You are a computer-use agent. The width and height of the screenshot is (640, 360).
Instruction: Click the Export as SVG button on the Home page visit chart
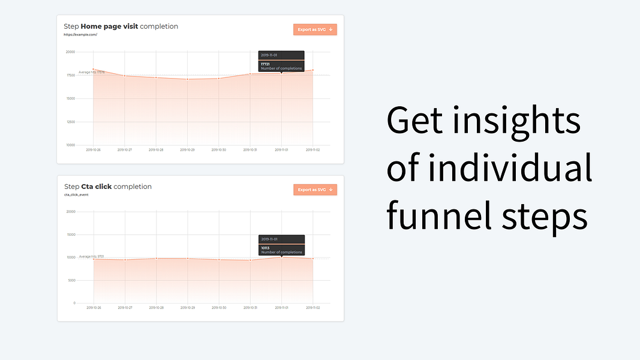point(315,29)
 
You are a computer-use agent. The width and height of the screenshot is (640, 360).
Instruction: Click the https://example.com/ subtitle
point(80,35)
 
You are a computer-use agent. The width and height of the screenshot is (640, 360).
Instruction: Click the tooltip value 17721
point(265,64)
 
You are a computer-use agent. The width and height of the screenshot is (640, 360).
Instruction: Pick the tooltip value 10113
point(265,248)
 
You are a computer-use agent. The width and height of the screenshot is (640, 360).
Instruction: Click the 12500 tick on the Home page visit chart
point(71,122)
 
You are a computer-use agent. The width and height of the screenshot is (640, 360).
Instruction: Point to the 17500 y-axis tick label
point(71,75)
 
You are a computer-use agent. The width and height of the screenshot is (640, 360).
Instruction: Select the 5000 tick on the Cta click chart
point(72,280)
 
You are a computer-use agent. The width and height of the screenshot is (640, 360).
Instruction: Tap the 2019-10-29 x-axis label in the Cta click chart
point(188,308)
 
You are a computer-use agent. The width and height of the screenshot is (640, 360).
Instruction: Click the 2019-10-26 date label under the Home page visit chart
point(94,150)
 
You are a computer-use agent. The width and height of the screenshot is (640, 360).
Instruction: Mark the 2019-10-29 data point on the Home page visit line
point(188,79)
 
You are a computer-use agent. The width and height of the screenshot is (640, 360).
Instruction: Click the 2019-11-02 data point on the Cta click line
point(313,259)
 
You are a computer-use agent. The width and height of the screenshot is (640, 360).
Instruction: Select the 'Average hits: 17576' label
point(92,72)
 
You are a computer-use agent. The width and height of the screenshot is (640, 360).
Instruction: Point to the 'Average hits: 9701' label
point(91,256)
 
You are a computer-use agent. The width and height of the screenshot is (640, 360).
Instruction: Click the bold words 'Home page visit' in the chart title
point(109,26)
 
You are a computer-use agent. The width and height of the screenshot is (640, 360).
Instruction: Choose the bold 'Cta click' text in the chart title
point(96,187)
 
